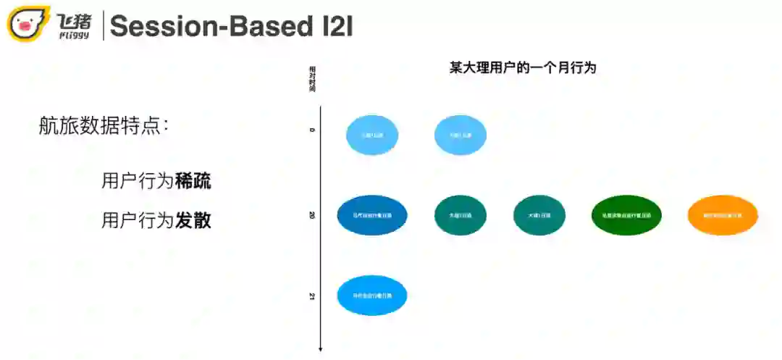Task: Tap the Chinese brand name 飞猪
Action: [75, 19]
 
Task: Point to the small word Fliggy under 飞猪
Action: [75, 34]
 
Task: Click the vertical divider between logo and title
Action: [104, 25]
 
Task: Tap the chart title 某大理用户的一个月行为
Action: [522, 67]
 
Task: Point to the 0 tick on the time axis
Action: [312, 130]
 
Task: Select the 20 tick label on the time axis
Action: [312, 215]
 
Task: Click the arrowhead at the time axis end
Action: [320, 350]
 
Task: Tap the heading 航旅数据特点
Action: [104, 125]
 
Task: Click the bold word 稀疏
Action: [193, 181]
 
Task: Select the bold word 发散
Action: [193, 220]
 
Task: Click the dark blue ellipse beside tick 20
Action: [372, 215]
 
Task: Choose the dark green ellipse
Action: [626, 215]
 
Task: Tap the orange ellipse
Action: [723, 215]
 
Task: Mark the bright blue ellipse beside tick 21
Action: [372, 296]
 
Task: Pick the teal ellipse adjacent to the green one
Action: [539, 215]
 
